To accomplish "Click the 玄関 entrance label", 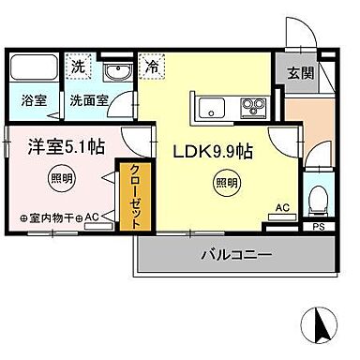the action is (x=300, y=73).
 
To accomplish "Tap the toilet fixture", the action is (x=318, y=201).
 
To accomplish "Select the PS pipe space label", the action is (x=319, y=227).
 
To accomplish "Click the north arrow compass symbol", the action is (x=319, y=324).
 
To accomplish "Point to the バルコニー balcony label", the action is (x=236, y=255).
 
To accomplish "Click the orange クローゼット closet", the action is (x=135, y=196).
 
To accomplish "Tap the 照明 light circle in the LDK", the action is (x=227, y=183).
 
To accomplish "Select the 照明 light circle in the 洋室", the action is (x=62, y=179).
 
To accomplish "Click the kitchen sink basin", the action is (x=212, y=108).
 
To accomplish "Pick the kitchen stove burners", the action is (x=253, y=108).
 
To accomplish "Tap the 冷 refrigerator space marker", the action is (x=152, y=67).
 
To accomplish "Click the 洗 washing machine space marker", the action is (x=78, y=67).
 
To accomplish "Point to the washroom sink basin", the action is (x=118, y=72).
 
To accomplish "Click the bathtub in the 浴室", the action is (x=33, y=67).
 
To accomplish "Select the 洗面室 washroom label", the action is (x=89, y=100).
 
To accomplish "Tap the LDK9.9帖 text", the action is (x=213, y=152).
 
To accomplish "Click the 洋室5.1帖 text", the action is (x=67, y=147).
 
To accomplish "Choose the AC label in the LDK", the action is (x=282, y=207).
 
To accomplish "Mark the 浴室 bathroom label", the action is (x=34, y=100).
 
